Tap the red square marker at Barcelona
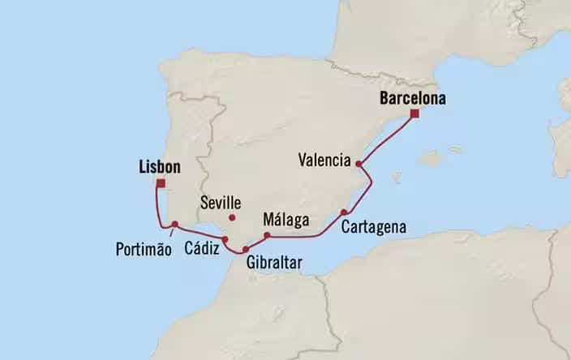pos(414,114)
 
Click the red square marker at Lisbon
pos(161,184)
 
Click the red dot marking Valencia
pos(358,164)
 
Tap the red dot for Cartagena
pos(344,212)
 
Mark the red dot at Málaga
pos(267,235)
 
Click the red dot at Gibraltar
pos(246,249)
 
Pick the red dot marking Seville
pos(232,217)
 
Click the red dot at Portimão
pos(174,225)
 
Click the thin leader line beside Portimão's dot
pos(169,233)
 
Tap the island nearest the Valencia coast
pos(397,175)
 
